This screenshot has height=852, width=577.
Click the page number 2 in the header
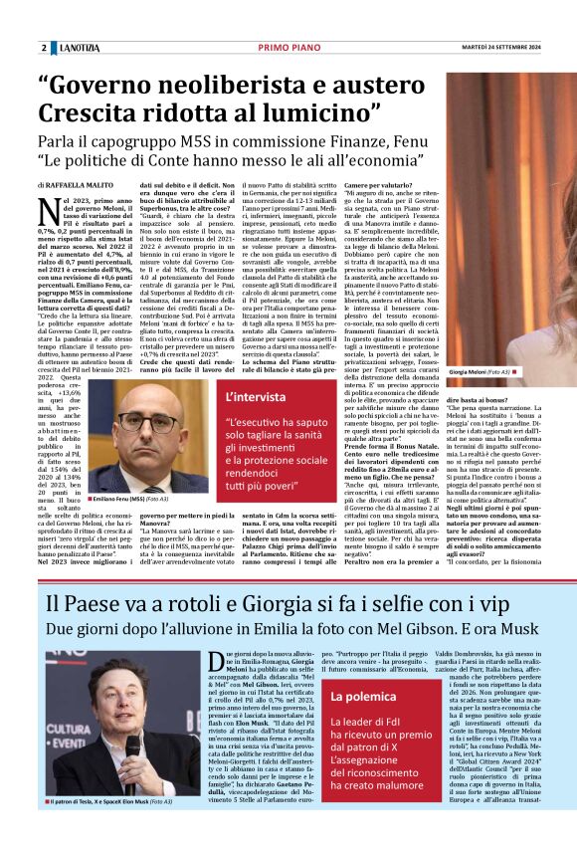tap(44, 49)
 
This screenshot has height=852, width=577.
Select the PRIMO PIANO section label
tap(288, 48)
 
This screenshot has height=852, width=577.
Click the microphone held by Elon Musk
tap(133, 744)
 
